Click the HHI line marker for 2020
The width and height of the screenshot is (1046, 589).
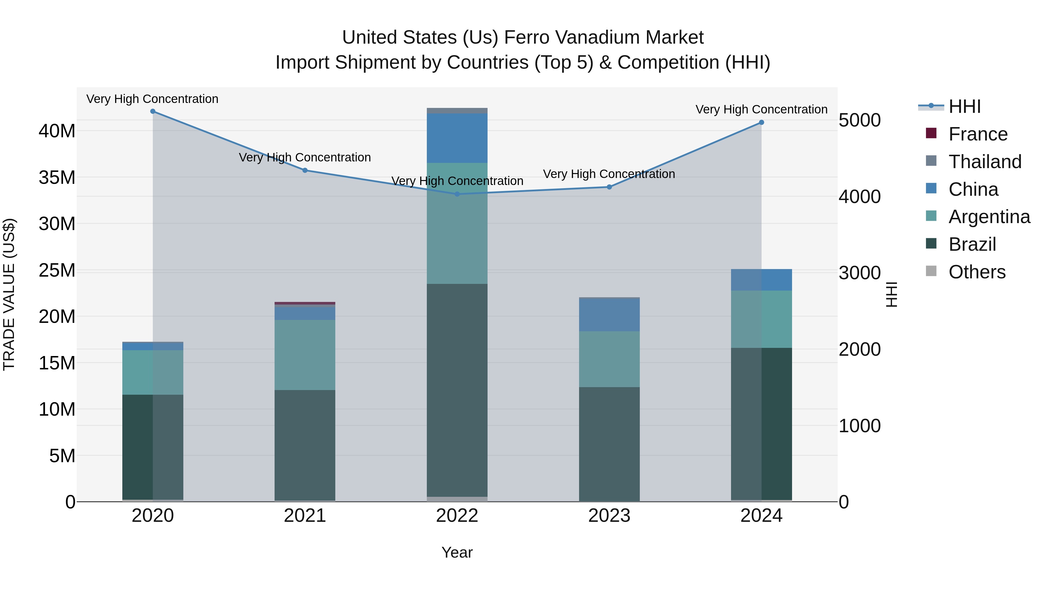tap(153, 111)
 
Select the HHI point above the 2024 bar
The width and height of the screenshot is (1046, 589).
tap(761, 122)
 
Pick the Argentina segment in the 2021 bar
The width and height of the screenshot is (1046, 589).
tap(305, 355)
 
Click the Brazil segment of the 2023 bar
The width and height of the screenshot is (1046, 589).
tap(609, 444)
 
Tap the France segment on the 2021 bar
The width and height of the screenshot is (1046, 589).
tap(305, 303)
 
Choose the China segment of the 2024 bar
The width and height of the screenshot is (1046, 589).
tap(761, 280)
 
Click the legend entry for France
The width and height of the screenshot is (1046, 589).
tap(978, 134)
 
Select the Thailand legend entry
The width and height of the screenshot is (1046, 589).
tap(985, 162)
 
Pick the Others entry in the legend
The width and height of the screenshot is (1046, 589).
tap(977, 272)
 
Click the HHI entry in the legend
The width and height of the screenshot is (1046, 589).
tap(964, 106)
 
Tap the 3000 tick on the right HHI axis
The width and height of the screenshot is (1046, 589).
tap(860, 273)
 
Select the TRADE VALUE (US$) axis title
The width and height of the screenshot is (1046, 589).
tap(9, 294)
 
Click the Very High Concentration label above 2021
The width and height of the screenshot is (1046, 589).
tap(305, 157)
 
